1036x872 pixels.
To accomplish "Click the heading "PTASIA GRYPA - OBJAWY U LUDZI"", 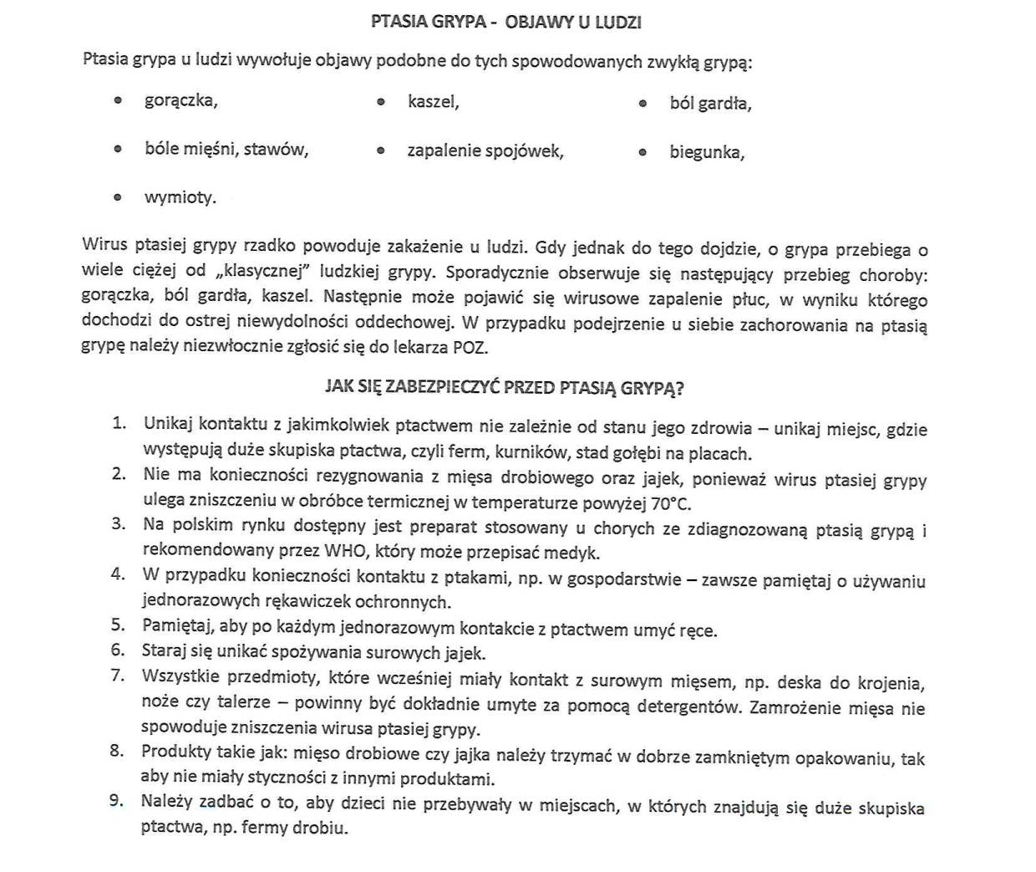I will click(505, 23).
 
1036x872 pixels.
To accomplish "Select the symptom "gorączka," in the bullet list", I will click(180, 101).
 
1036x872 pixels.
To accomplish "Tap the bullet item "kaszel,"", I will click(433, 102).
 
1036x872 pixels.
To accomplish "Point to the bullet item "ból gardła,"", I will click(710, 104).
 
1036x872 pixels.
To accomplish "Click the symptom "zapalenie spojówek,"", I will click(485, 151).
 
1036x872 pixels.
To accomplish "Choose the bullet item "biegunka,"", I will click(707, 152).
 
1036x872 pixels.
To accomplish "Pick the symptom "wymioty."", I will click(180, 198).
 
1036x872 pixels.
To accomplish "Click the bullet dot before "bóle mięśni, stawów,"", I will click(118, 149).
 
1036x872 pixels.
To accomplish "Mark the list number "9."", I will click(118, 801).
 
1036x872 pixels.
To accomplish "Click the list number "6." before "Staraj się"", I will click(119, 650).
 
